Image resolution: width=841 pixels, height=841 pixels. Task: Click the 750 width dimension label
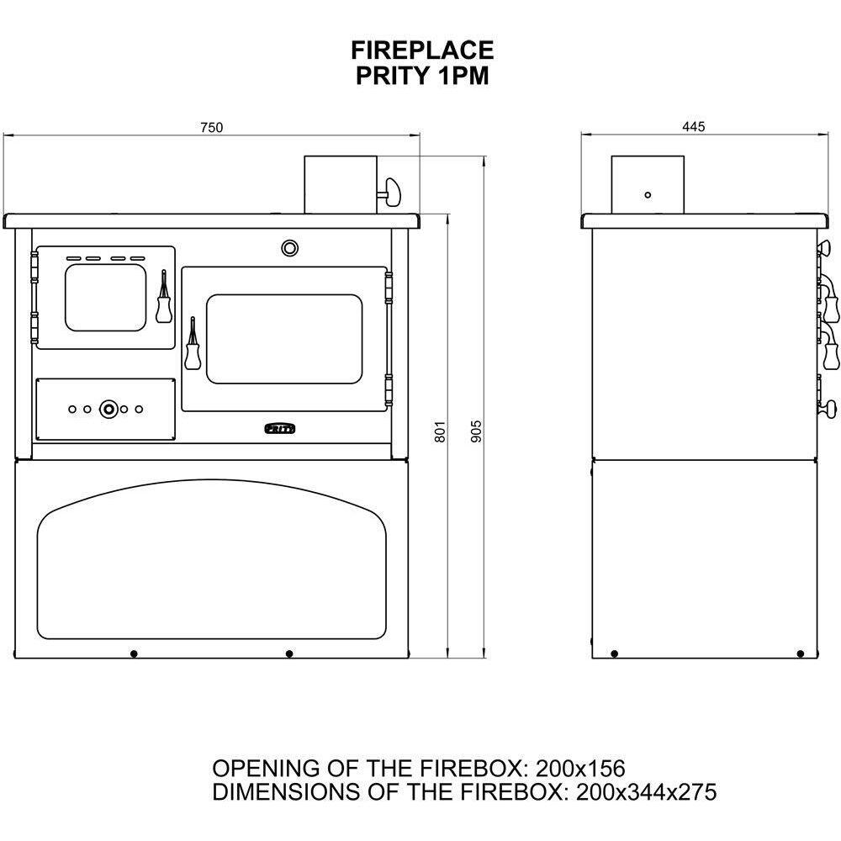[211, 128]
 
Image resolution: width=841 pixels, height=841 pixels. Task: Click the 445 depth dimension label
[694, 127]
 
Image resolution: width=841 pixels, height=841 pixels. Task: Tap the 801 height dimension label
[440, 431]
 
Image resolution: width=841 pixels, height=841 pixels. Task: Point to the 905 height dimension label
[476, 431]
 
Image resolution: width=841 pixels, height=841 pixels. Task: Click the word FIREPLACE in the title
[422, 50]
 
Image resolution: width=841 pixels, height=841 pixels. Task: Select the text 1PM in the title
[463, 76]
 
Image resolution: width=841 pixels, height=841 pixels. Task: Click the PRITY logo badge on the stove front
[279, 428]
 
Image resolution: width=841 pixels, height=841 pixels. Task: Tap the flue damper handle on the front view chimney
[391, 193]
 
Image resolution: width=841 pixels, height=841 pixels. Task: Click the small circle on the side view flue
[648, 195]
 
